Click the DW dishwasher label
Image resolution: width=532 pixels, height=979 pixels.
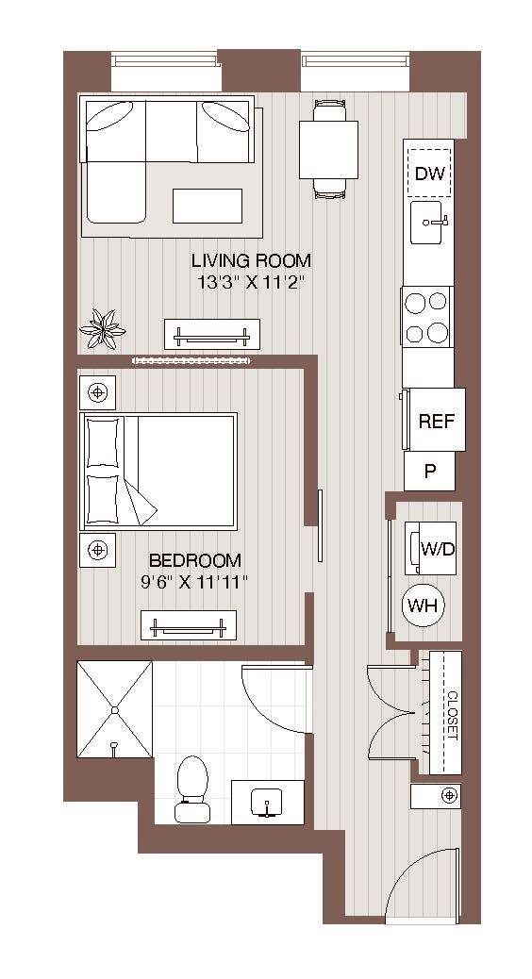click(429, 174)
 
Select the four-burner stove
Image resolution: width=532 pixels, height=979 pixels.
click(426, 317)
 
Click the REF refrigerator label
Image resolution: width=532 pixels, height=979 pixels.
click(436, 422)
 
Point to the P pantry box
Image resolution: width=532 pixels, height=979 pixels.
click(429, 471)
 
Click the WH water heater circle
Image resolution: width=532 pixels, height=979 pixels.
click(424, 606)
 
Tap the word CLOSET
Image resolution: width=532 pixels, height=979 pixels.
click(452, 713)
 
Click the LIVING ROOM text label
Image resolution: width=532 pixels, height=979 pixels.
click(251, 260)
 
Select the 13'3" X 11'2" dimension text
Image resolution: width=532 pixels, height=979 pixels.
click(251, 281)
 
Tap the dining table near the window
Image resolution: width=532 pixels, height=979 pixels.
click(328, 150)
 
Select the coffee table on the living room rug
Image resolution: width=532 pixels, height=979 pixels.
click(207, 205)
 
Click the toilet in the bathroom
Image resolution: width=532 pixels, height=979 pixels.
click(192, 786)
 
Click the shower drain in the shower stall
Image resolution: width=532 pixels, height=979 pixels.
click(114, 709)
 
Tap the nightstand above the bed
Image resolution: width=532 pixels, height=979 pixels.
click(97, 390)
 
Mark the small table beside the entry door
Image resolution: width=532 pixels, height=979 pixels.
click(436, 795)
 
